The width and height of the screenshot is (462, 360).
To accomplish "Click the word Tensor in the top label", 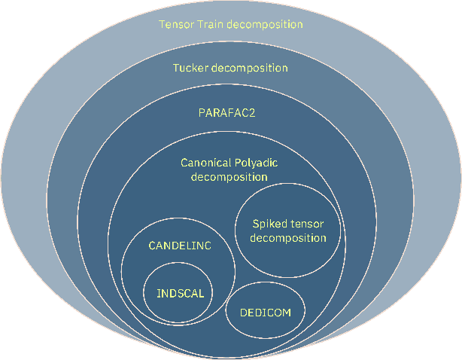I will click(175, 24).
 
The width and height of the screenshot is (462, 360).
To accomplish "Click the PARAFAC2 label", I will click(230, 114).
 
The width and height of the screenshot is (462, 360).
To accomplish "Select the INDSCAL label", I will click(181, 294).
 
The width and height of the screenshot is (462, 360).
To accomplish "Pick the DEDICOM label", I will click(265, 311).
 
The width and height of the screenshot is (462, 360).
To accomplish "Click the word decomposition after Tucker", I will click(251, 68).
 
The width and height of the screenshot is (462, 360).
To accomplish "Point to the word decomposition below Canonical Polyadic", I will click(229, 177).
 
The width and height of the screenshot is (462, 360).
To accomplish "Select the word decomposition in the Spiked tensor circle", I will click(287, 238).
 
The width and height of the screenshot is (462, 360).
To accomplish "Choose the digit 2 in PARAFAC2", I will click(262, 114).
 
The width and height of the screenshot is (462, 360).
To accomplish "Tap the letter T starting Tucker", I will click(176, 68).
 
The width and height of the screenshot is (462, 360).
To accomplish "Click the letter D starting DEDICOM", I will click(243, 311).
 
